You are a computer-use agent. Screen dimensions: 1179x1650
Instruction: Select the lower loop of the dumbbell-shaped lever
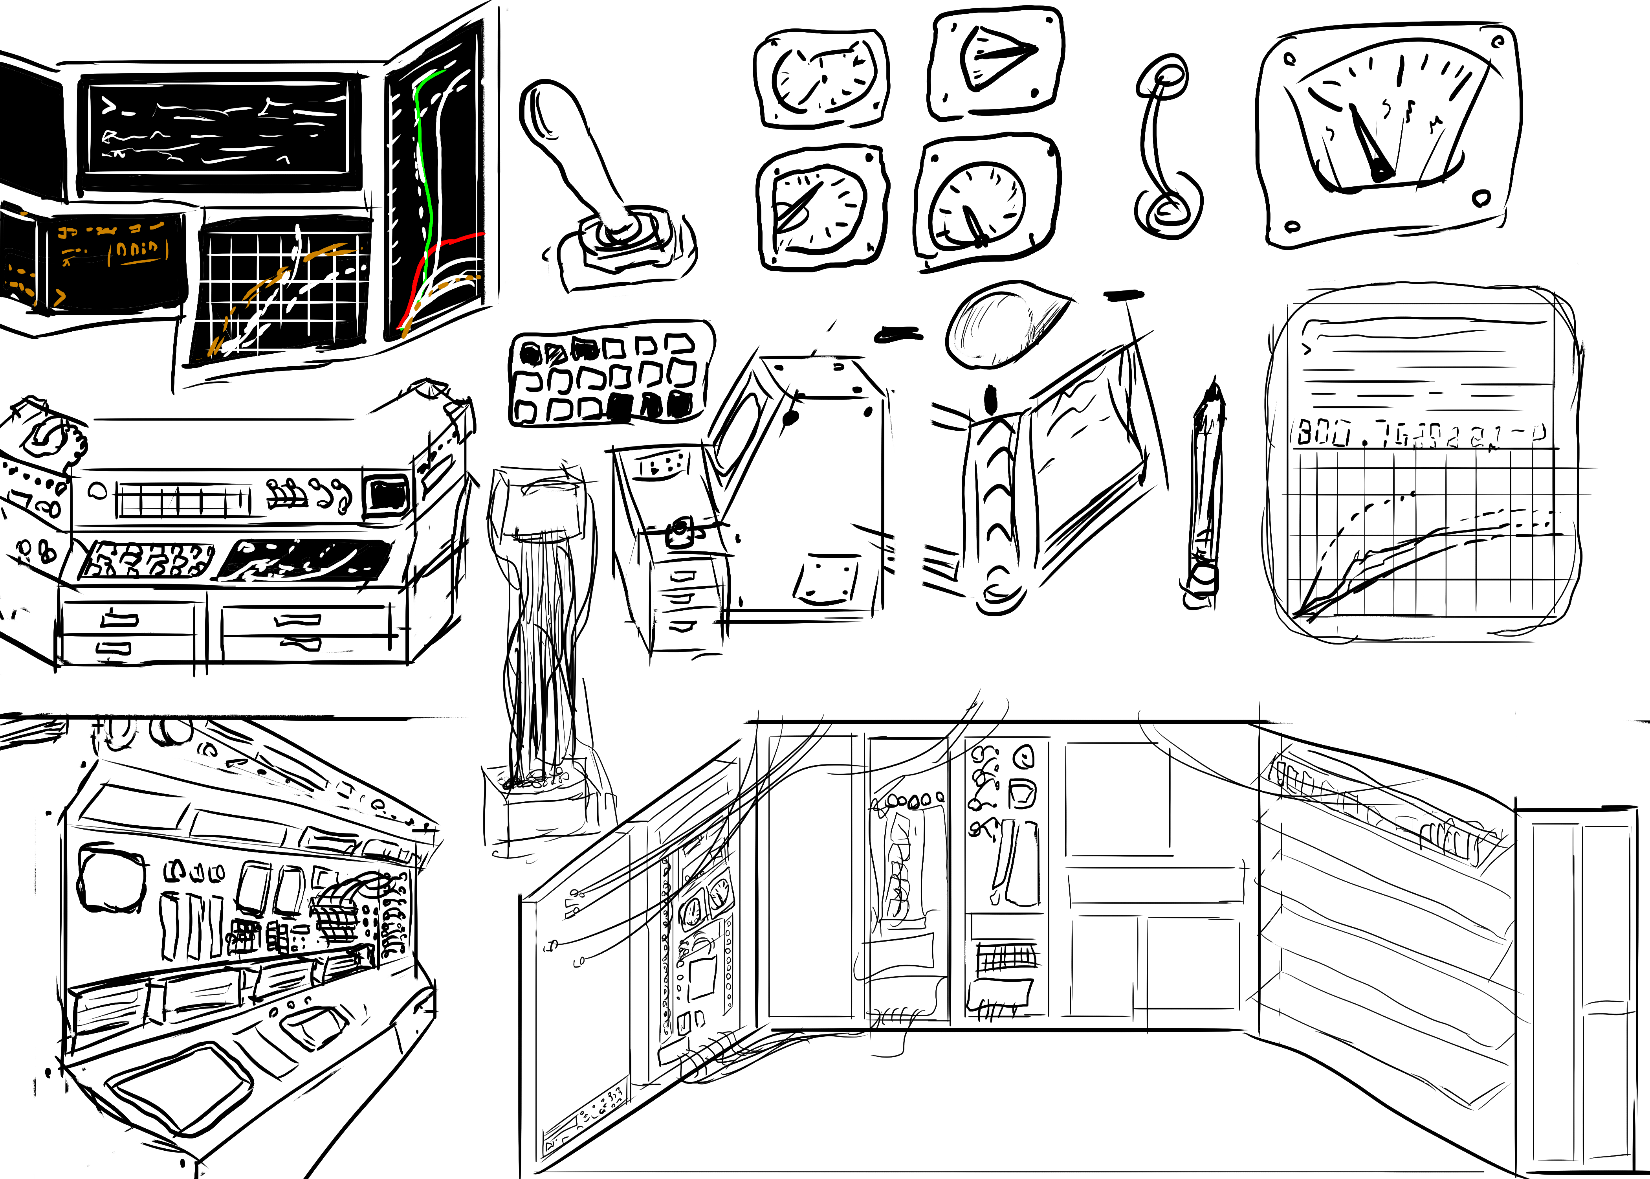1168,211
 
